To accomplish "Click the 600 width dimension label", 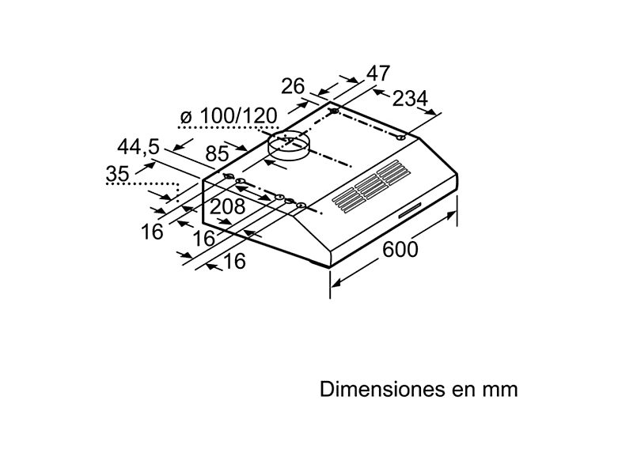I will click(400, 248).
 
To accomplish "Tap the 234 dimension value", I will click(409, 99).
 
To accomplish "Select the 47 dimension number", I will click(377, 74).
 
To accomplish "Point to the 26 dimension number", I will click(293, 85).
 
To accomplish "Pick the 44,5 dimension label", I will click(138, 147).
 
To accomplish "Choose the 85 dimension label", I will click(218, 154).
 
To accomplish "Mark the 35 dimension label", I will click(118, 174).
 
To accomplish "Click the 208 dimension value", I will click(227, 207).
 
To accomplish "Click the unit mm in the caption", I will click(502, 390).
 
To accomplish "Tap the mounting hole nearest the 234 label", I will click(401, 138).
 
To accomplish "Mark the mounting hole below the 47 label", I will click(336, 111).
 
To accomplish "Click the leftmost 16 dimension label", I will click(153, 232).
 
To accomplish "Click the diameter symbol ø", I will click(187, 117).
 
